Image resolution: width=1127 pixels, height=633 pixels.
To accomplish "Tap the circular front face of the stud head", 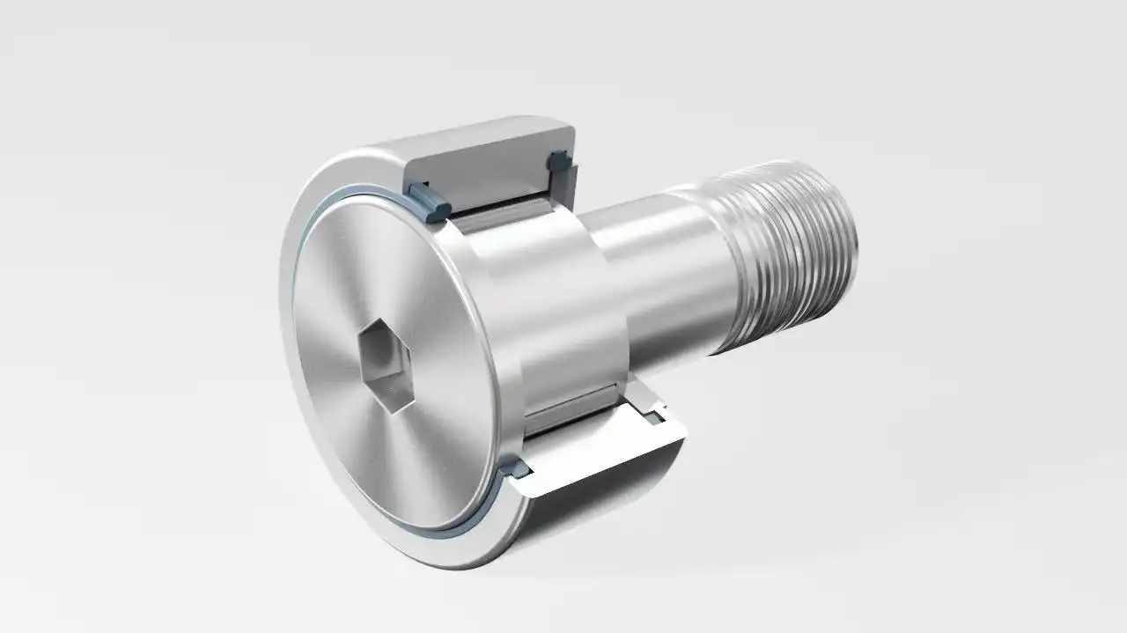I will [x=387, y=291].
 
